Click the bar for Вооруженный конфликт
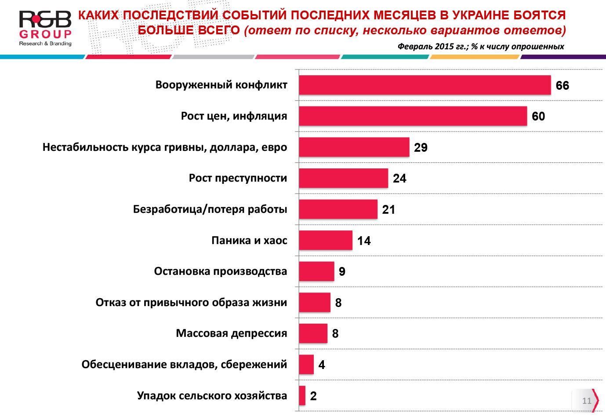(425, 85)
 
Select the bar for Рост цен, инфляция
(413, 116)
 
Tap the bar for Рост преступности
(343, 178)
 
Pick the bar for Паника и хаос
(325, 240)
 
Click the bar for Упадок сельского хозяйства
(302, 395)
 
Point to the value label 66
(562, 85)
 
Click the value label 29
(421, 147)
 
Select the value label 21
(388, 209)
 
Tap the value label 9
(342, 272)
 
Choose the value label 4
(322, 365)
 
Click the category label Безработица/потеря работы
(210, 209)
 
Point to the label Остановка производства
(220, 271)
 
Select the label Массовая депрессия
(231, 333)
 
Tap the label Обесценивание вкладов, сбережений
(184, 365)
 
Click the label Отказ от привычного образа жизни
(191, 303)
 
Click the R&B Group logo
(45, 28)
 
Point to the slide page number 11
(587, 401)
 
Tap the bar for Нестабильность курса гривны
(354, 147)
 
